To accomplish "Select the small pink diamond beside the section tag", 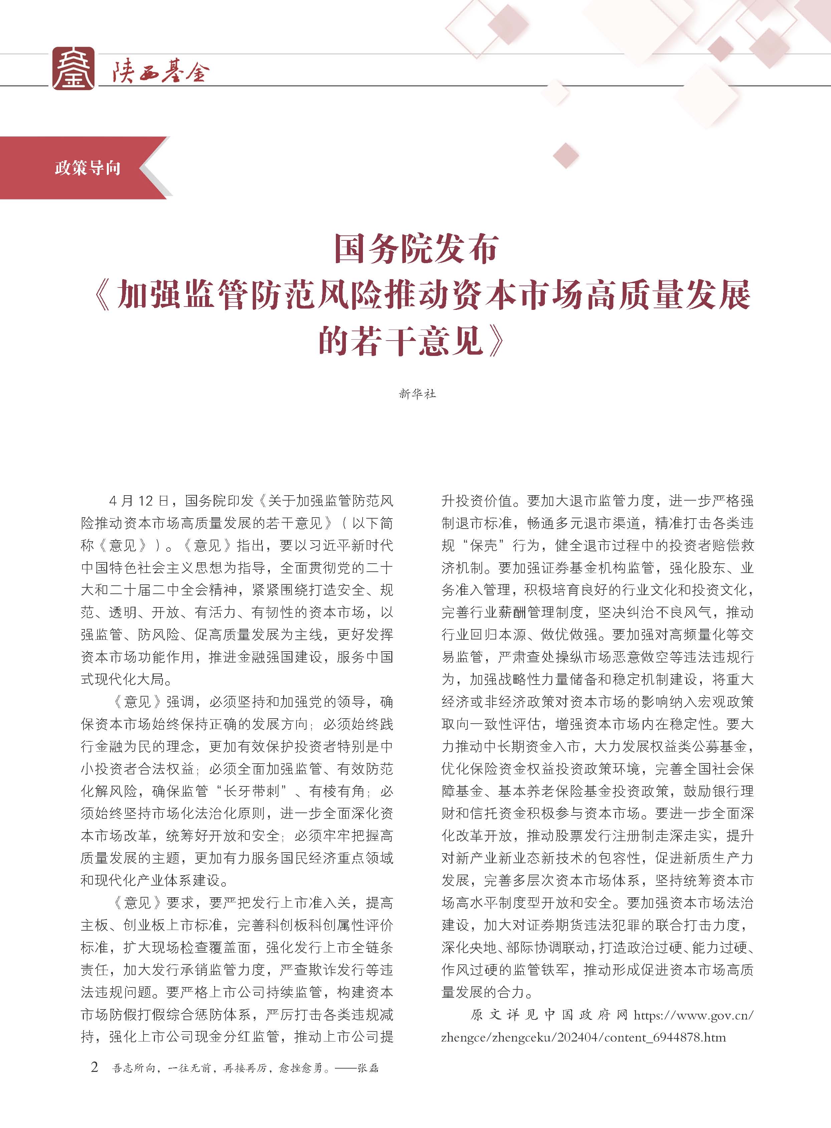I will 566,156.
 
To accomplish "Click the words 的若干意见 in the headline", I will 400,342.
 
